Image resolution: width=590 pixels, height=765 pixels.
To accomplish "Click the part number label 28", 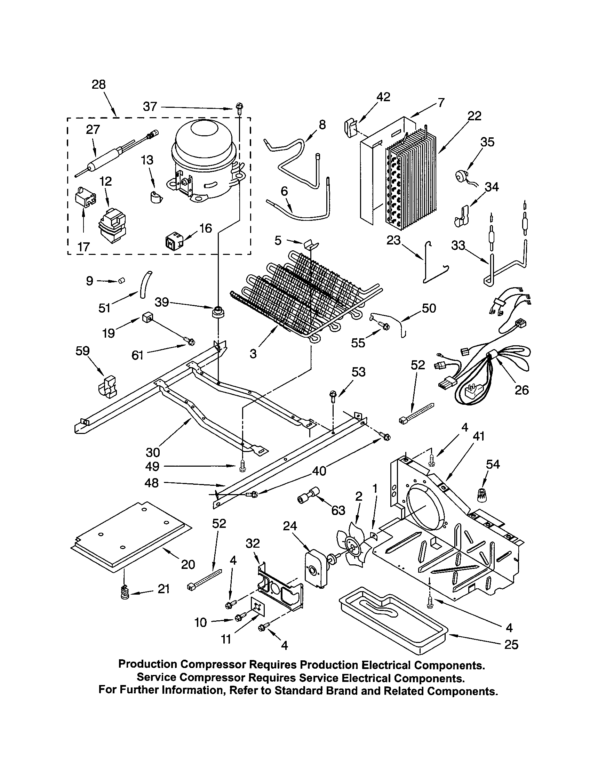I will pyautogui.click(x=98, y=84).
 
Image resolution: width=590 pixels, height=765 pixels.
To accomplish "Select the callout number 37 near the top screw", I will pyautogui.click(x=150, y=106).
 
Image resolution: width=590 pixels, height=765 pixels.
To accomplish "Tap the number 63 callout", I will pyautogui.click(x=338, y=510).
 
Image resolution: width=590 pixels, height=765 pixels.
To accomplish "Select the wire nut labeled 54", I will pyautogui.click(x=483, y=494).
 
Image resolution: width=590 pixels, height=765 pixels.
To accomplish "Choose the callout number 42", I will pyautogui.click(x=383, y=97).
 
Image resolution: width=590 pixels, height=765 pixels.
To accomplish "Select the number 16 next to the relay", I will pyautogui.click(x=206, y=228).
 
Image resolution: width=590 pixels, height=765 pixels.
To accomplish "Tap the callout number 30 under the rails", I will pyautogui.click(x=153, y=452).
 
